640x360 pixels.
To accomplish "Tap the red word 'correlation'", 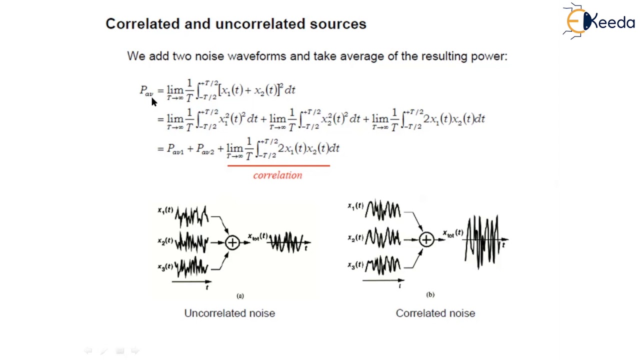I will (277, 175).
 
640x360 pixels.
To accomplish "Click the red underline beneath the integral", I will (278, 165).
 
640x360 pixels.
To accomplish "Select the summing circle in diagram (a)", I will (232, 242).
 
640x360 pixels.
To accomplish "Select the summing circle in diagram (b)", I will (426, 240).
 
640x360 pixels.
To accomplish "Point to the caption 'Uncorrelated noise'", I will (229, 313).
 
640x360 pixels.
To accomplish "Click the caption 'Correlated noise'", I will (435, 313).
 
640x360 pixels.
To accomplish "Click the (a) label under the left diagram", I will (240, 296).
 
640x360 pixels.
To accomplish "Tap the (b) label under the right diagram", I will (430, 294).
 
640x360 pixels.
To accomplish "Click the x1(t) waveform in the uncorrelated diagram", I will (191, 216).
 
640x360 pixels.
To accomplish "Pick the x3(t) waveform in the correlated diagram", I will (382, 264).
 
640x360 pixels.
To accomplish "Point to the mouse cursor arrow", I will (153, 101).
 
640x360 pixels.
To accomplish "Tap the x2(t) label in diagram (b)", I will (355, 237).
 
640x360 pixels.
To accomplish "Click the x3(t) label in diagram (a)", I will (165, 267).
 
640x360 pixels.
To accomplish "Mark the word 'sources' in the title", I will (338, 23).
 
